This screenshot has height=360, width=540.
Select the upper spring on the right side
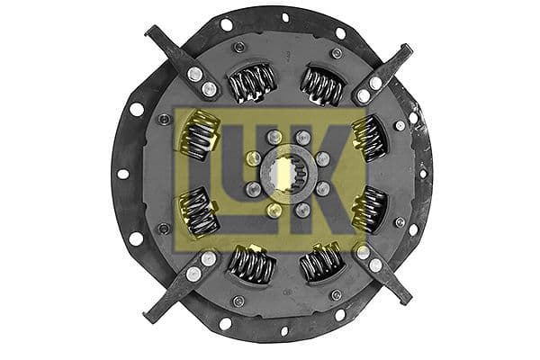coord(368,139)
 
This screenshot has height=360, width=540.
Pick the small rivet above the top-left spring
coord(238,47)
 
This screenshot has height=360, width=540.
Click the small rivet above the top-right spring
coord(336,53)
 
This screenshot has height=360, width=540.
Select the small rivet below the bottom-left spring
coord(238,301)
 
